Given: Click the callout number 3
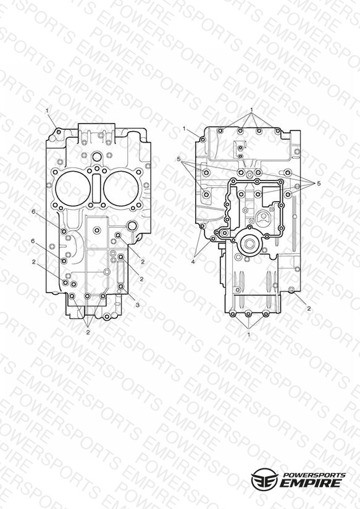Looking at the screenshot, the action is coord(138,305).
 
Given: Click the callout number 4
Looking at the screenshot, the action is coord(193,261).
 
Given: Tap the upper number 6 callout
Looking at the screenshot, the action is coord(33,212).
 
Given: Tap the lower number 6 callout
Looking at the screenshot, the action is coord(33,241).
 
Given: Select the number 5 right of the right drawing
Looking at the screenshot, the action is coord(319,183).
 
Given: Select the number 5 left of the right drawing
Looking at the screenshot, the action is coord(179,159).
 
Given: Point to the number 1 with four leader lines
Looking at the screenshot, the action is coord(251,109).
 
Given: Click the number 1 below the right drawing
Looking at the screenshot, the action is coord(249,334).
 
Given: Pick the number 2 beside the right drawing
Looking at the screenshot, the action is coord(309,309).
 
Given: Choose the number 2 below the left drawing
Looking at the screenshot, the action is coord(88,332).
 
